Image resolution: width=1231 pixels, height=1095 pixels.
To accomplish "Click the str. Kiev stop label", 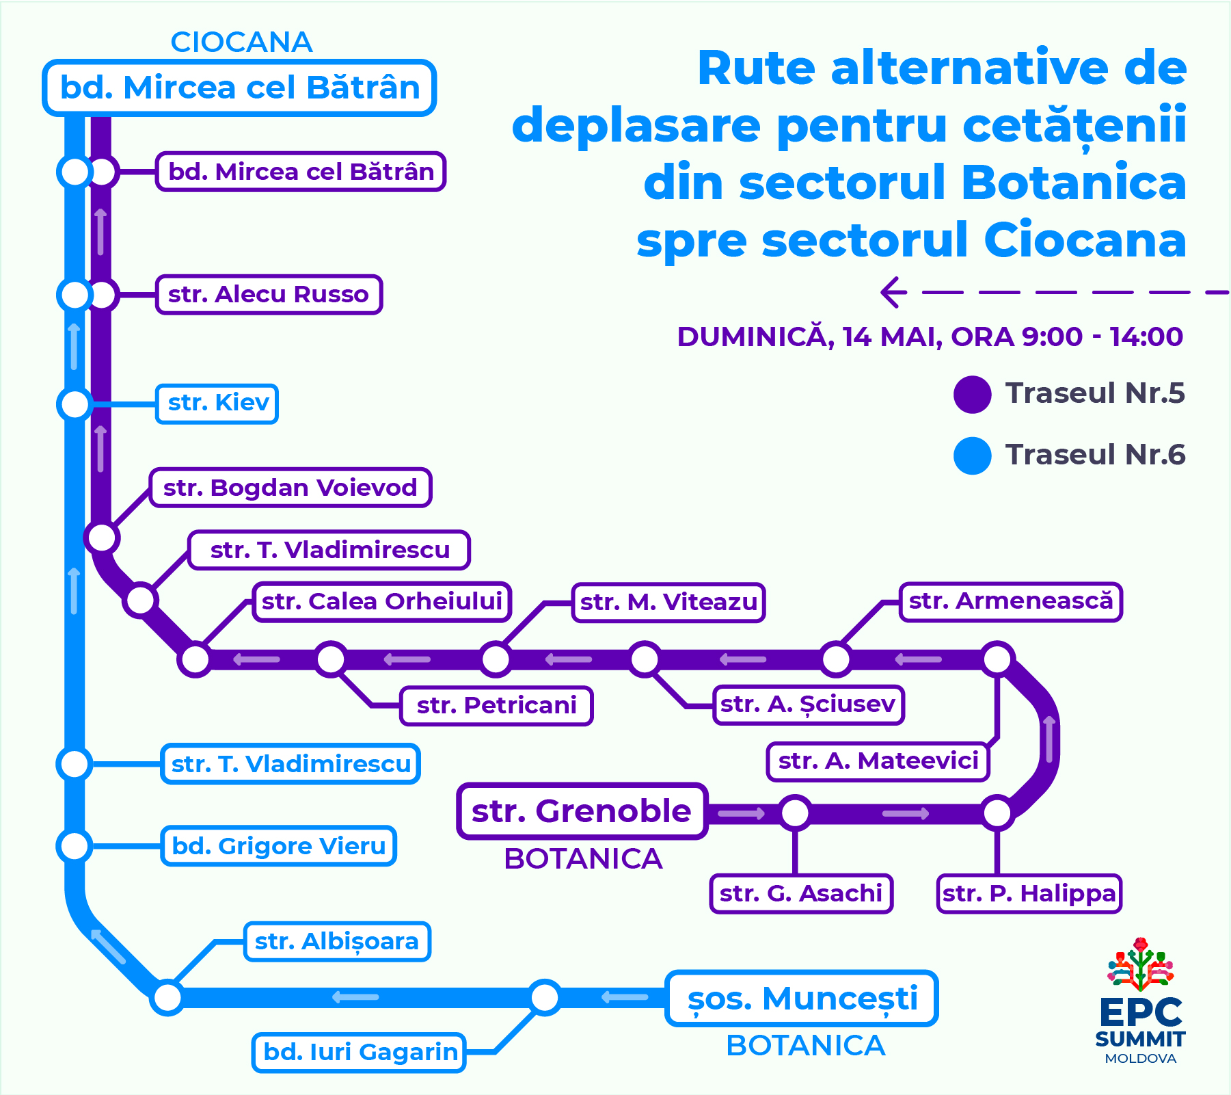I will pos(217,404).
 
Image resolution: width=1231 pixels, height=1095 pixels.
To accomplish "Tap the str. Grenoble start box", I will pos(582,811).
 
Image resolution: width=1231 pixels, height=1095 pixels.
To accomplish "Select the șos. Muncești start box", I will pos(801,999).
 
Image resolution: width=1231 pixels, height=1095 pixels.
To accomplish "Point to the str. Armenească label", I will pos(1010,602).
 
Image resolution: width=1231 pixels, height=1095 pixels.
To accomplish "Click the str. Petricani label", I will pos(496,705).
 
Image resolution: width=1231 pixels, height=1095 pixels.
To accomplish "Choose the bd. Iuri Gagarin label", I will pos(360,1052).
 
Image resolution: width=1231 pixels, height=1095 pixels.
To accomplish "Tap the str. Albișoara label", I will pos(337,942).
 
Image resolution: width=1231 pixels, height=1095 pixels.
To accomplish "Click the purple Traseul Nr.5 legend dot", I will pos(972,395).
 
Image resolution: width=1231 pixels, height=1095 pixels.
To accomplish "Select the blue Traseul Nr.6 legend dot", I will pos(972,456).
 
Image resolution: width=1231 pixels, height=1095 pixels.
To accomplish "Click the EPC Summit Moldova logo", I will pos(1140,1002).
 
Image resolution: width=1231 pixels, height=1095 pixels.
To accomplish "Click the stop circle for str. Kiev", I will pos(75,404).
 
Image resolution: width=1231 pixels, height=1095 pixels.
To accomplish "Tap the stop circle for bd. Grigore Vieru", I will pos(75,846).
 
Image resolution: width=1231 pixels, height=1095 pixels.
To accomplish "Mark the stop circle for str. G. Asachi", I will pos(795,813).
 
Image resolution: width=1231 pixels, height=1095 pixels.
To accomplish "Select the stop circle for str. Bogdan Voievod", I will pos(102,537).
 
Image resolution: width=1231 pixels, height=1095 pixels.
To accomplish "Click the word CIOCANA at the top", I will pos(241,42).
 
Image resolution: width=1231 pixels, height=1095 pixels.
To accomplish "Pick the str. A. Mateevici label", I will pos(878,761).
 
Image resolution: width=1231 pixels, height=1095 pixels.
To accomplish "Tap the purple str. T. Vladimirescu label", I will pos(329,550).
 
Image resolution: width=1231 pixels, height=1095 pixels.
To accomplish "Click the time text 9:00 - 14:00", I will pos(1102,337).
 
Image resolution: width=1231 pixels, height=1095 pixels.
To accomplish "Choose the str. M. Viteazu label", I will pos(668,603).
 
